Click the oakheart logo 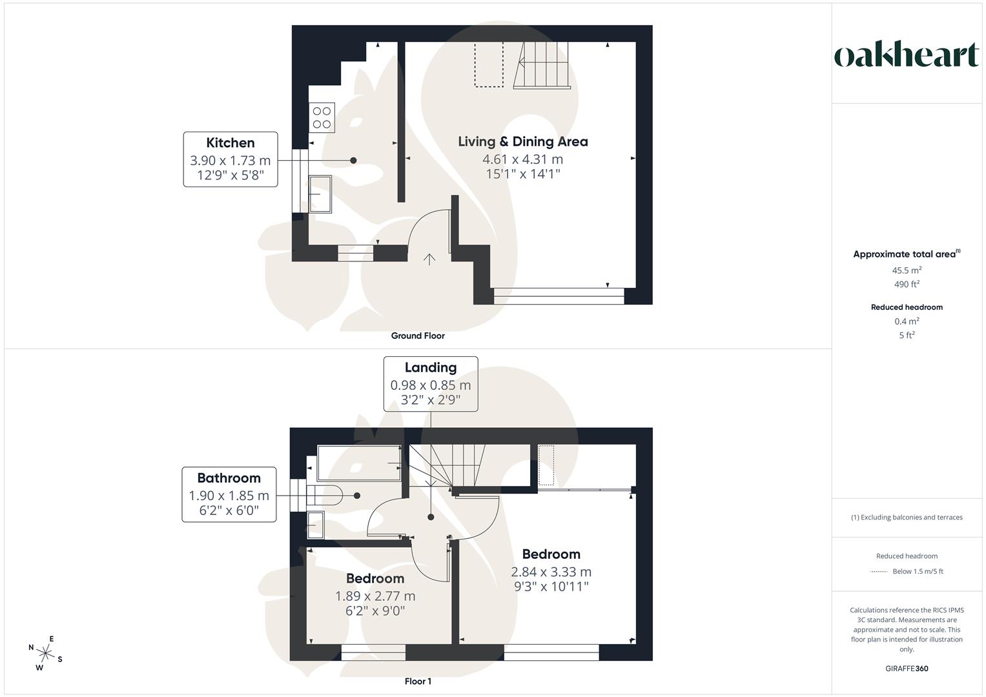pos(906,56)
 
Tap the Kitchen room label pos(231,143)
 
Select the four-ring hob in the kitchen pos(322,117)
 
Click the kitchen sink pos(320,194)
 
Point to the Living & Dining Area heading pos(523,141)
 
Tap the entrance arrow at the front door pos(429,259)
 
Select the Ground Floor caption pos(418,336)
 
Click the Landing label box pos(431,383)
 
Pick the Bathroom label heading pos(229,478)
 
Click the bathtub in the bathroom pos(358,463)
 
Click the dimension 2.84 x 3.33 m pos(551,572)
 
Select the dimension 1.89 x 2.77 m pos(375,596)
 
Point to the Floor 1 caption pos(418,682)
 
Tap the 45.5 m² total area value pos(907,270)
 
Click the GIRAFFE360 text pos(907,669)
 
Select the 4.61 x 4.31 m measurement pos(523,159)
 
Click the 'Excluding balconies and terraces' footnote pos(907,517)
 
